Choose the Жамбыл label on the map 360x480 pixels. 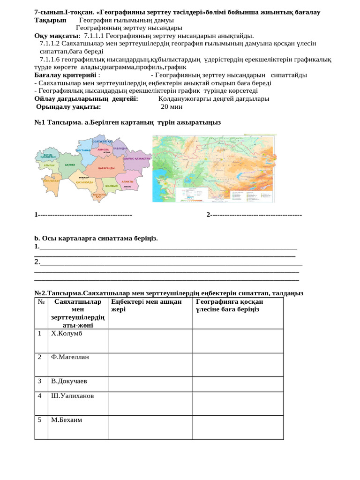click(x=111, y=186)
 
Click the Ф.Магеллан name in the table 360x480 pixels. click(x=70, y=357)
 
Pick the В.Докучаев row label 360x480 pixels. click(x=69, y=381)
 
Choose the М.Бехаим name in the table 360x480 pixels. click(x=67, y=420)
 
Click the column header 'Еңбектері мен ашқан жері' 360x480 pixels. click(x=146, y=306)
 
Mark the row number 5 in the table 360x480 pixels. click(x=40, y=420)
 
